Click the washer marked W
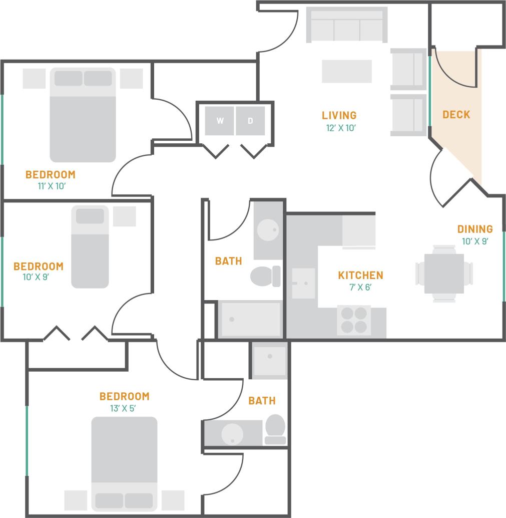220,121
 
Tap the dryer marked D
250,121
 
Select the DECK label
456,115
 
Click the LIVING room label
339,116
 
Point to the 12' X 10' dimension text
340,128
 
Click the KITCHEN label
360,275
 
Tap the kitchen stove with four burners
353,320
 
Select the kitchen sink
303,283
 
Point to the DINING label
474,229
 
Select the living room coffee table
346,71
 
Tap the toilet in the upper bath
264,276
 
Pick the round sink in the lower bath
232,432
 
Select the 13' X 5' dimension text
123,408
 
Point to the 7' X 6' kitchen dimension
360,287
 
